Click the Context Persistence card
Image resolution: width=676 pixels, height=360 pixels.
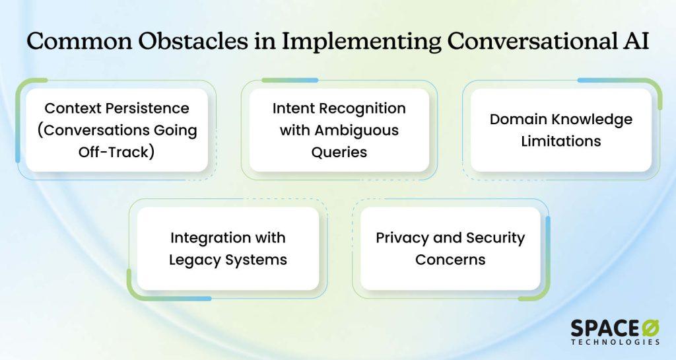[117, 129]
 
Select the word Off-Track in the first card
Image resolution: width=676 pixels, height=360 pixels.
[114, 152]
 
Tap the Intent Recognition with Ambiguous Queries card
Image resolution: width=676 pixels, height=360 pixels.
[339, 129]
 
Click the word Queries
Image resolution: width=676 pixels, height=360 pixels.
[339, 152]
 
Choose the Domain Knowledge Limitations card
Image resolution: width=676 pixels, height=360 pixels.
[561, 129]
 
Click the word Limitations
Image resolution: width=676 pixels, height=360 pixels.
[561, 141]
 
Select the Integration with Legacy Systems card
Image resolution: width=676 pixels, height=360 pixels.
[228, 248]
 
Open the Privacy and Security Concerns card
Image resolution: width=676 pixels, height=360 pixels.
[450, 248]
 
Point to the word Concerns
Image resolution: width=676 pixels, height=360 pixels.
[450, 260]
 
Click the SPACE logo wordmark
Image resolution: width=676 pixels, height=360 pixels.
[605, 328]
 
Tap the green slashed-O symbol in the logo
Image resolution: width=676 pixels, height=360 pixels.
[650, 328]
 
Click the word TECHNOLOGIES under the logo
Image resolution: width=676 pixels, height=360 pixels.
[615, 342]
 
